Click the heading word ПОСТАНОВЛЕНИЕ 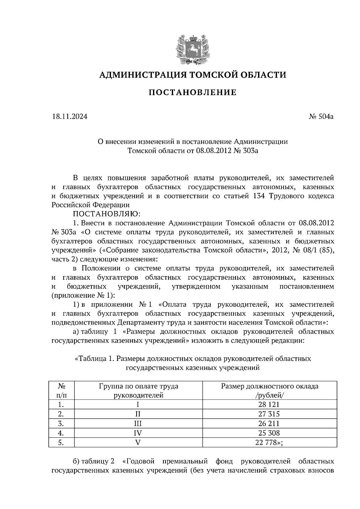[193, 93]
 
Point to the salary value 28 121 [269, 405]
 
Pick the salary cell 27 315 [269, 414]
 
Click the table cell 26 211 [269, 424]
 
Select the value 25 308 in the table [269, 433]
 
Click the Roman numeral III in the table [138, 424]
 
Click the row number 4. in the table [61, 433]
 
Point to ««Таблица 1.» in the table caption [94, 359]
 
